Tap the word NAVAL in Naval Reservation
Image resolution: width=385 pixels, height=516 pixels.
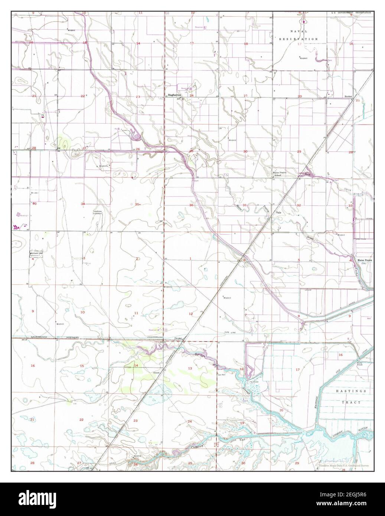298,33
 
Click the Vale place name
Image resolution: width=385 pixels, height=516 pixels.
278,213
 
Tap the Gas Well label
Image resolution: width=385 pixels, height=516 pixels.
222,375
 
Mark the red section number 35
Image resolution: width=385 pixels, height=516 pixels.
137,204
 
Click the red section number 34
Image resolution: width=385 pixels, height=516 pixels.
83,204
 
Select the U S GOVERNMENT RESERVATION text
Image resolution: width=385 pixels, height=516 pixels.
351,13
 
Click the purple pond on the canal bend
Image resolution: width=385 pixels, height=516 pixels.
136,137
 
